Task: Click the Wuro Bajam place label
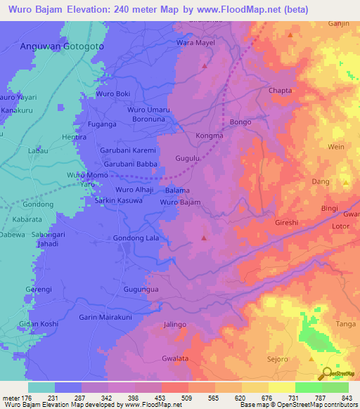pos(181,202)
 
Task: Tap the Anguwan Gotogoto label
pos(63,46)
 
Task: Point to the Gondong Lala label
pos(136,239)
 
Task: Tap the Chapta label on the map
pos(280,91)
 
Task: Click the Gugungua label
pos(141,289)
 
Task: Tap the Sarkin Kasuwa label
pos(119,201)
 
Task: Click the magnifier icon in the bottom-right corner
pos(327,375)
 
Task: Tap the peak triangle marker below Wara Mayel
pos(205,65)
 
